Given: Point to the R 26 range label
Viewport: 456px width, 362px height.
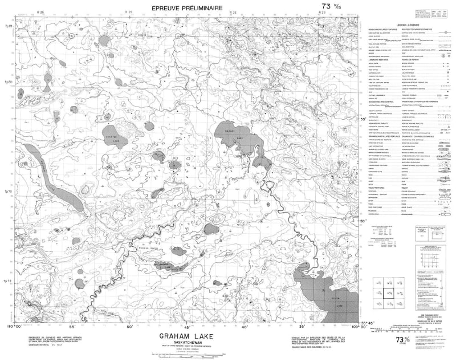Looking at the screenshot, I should click(40, 12).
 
